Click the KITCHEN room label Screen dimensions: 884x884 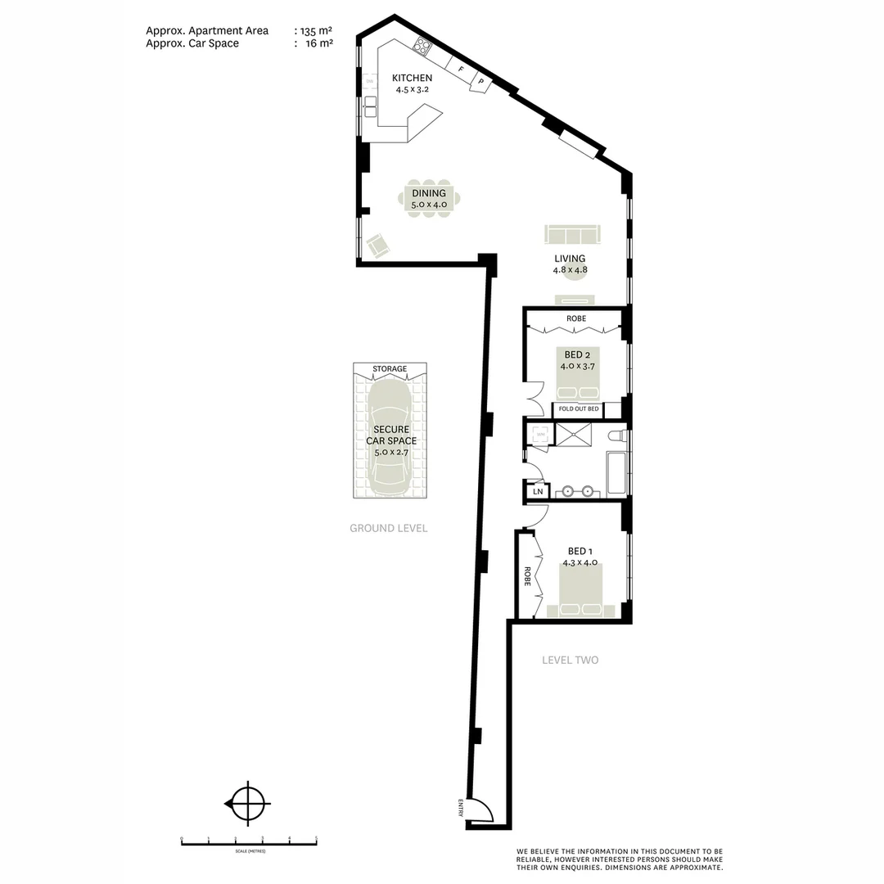point(412,79)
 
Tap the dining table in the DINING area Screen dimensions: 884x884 point(429,199)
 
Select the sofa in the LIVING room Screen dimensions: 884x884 point(572,235)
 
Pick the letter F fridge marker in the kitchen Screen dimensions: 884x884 point(461,71)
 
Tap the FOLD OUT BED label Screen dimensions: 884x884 point(580,408)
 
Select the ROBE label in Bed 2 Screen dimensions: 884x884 point(576,318)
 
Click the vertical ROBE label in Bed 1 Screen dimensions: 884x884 point(528,576)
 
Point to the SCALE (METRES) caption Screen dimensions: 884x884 point(248,851)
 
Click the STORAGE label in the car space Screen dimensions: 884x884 point(390,369)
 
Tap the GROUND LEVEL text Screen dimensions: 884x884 point(388,528)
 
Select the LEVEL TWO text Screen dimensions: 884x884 point(571,660)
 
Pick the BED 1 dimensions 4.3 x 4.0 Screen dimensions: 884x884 point(580,563)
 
